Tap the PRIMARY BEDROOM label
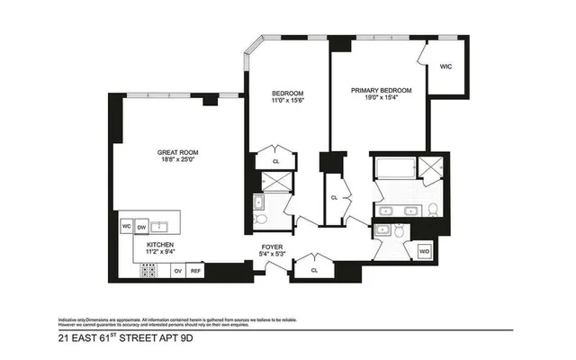click(x=382, y=91)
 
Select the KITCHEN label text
click(x=161, y=244)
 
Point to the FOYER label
click(x=274, y=246)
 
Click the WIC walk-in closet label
click(x=446, y=67)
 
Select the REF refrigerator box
click(x=196, y=269)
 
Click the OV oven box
click(x=177, y=269)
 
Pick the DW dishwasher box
click(x=141, y=228)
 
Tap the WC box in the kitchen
click(x=127, y=228)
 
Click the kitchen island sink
click(x=162, y=227)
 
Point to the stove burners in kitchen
click(x=149, y=269)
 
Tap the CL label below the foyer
click(x=314, y=269)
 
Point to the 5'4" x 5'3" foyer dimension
click(x=274, y=254)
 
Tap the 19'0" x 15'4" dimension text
click(x=382, y=100)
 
